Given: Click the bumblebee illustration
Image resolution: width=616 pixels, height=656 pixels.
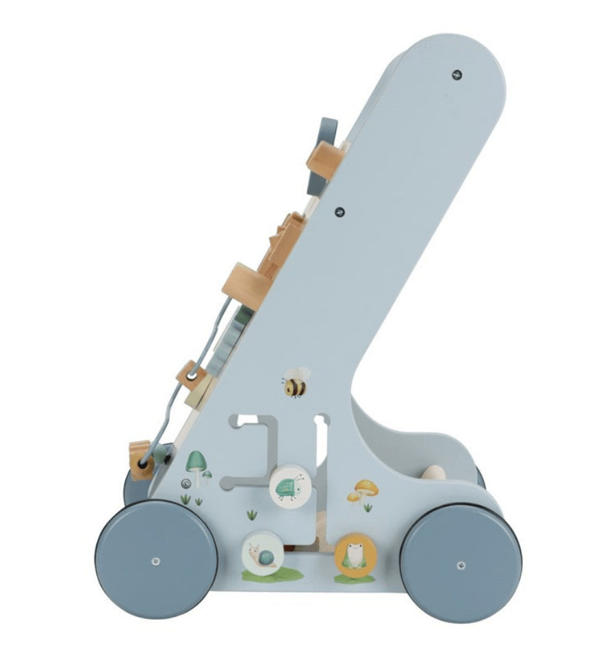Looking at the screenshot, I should coord(295,385).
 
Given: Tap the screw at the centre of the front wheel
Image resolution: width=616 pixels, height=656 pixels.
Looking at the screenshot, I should coord(156,561).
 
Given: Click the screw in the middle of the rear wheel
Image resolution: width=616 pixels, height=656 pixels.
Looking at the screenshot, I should coord(461,564).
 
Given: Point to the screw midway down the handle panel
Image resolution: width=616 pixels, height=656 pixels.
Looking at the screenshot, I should coord(341,211).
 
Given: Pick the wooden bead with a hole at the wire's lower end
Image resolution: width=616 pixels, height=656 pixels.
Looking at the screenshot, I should coord(142,462).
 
